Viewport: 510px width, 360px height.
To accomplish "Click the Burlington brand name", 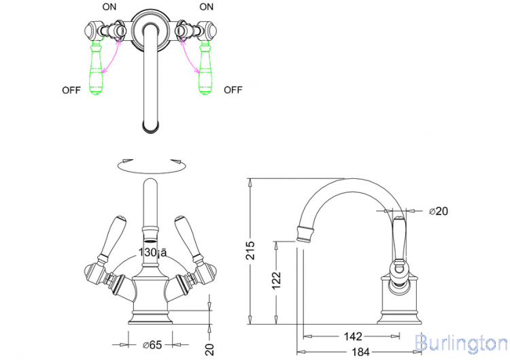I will click(x=460, y=342).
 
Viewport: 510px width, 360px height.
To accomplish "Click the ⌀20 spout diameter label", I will click(x=439, y=212).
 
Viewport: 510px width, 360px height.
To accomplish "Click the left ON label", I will click(x=109, y=7).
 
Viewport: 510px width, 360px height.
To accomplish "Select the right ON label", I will click(x=206, y=7).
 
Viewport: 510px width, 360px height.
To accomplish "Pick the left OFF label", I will click(x=71, y=90).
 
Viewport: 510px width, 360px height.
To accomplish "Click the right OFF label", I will click(x=233, y=90).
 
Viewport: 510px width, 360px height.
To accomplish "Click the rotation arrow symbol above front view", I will click(x=150, y=164).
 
